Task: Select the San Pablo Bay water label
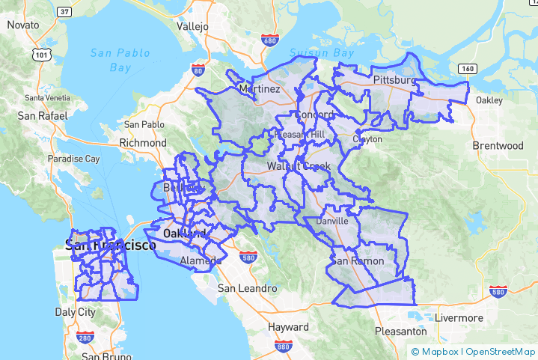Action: [119, 60]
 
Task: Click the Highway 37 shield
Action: [64, 12]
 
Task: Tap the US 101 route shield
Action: [41, 55]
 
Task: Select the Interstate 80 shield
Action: [198, 70]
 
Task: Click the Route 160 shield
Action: [467, 69]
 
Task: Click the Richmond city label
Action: [143, 142]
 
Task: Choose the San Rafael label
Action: [43, 116]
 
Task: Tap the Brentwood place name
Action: [498, 145]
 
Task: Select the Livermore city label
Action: [459, 317]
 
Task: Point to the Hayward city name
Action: [287, 327]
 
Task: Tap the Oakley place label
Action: [489, 100]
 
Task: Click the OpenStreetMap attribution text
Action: [501, 351]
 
